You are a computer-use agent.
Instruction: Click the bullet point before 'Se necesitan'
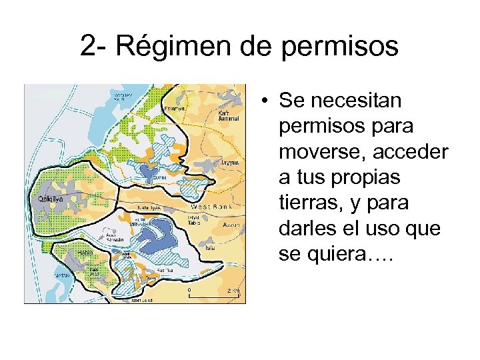pyautogui.click(x=265, y=102)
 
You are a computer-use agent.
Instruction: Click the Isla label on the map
pyautogui.click(x=210, y=247)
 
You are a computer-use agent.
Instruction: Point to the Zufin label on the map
pyautogui.click(x=160, y=178)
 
